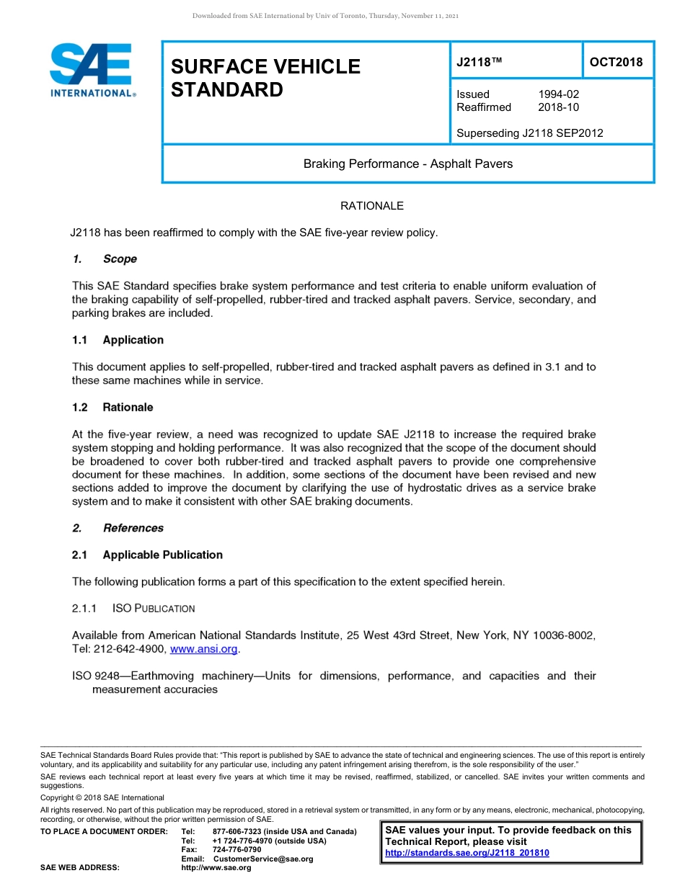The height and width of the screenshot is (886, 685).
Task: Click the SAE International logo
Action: (x=92, y=70)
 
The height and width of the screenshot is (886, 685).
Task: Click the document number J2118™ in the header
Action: (x=479, y=63)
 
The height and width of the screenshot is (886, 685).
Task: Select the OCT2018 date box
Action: (x=616, y=62)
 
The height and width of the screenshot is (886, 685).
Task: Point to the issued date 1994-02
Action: (x=558, y=94)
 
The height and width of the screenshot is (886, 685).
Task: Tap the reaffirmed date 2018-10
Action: (x=558, y=107)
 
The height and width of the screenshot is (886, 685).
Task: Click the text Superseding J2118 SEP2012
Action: (x=529, y=133)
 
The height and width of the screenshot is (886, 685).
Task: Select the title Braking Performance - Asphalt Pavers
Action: (x=407, y=164)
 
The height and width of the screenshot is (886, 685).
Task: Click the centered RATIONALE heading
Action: (x=371, y=206)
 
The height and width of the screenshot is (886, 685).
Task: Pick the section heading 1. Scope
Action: (x=105, y=259)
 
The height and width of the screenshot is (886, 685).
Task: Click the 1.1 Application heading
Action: (x=118, y=340)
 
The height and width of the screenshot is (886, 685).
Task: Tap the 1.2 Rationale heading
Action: (x=112, y=407)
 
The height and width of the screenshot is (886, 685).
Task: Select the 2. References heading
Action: (x=118, y=528)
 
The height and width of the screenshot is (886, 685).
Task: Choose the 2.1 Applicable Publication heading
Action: (x=147, y=555)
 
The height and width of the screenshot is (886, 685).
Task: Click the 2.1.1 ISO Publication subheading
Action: (x=133, y=609)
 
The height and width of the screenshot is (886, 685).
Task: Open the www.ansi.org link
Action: (x=203, y=649)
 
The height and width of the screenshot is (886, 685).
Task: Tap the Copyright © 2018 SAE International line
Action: (x=102, y=797)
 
